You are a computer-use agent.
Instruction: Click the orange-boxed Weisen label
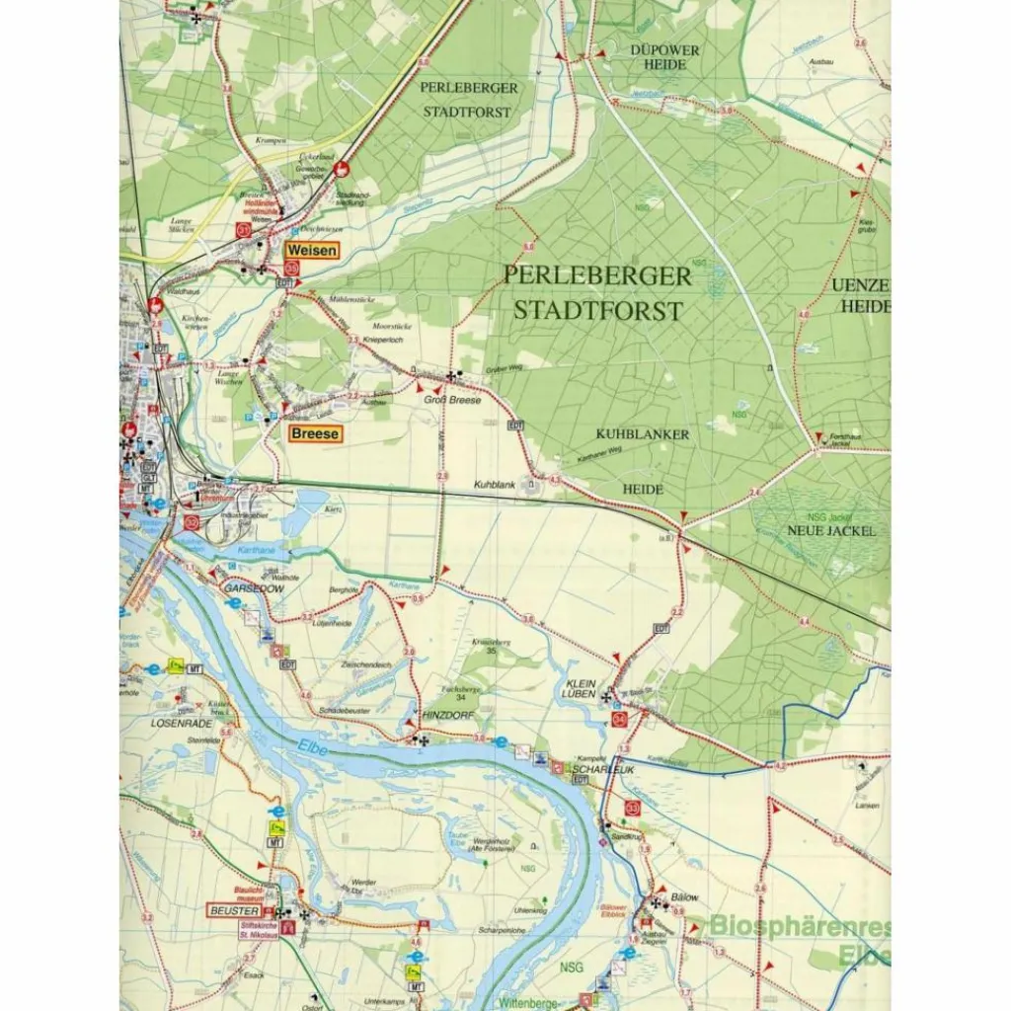312,251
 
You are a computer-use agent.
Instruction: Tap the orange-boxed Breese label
315,433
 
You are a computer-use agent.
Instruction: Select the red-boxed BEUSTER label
233,910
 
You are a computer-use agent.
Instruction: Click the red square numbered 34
619,721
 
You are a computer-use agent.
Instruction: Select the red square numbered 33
632,808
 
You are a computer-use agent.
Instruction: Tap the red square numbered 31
245,229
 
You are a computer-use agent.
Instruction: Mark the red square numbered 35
291,268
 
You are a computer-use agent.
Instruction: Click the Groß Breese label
453,400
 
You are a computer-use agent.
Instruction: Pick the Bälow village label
684,897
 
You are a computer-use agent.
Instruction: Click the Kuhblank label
495,486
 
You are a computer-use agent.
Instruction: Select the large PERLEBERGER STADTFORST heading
596,292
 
